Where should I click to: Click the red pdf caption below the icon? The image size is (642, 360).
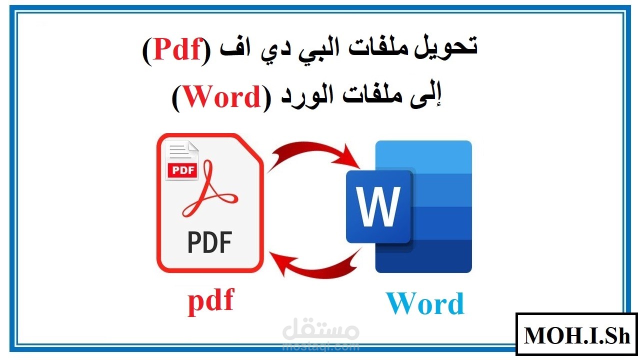coord(210,301)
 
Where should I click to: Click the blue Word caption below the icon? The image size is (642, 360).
coord(425,303)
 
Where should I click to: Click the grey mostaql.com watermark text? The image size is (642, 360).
coord(320,345)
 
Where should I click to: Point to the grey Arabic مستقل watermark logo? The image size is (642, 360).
coord(321,330)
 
